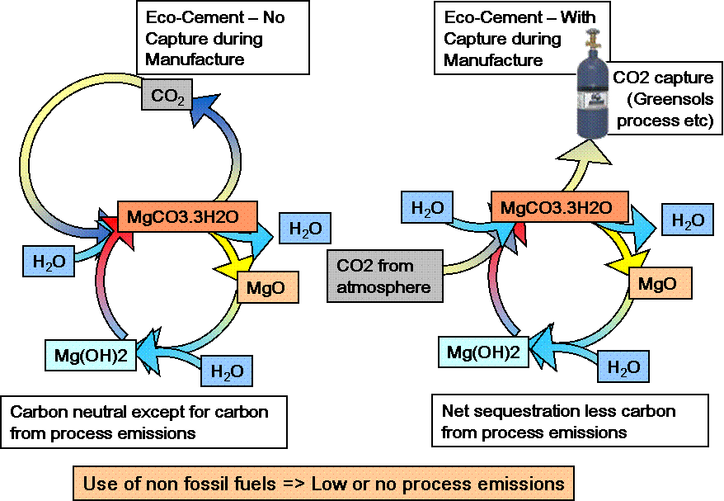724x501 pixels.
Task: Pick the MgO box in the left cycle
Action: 266,287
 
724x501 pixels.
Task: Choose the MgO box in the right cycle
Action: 659,284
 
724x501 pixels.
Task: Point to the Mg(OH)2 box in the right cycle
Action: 483,352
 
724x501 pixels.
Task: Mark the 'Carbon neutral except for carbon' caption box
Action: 145,421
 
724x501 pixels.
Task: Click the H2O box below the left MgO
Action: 227,371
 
